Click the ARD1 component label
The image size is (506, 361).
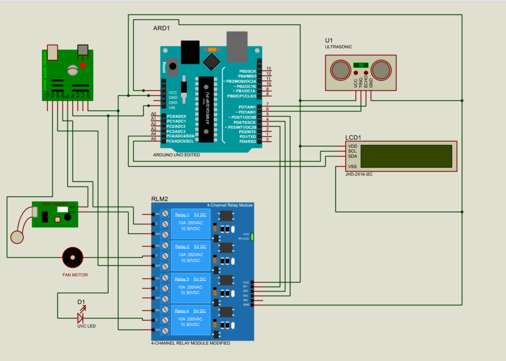point(162,28)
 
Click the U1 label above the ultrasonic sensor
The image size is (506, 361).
point(329,40)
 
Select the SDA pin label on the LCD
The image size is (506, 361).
point(352,156)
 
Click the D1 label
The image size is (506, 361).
point(81,302)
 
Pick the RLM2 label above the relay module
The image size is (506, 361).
point(159,199)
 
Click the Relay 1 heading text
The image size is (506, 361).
point(182,214)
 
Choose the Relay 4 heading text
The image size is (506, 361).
point(182,310)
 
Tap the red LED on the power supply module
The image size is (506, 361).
point(83,65)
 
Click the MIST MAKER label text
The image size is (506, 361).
point(55,204)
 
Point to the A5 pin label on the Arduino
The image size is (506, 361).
point(154,139)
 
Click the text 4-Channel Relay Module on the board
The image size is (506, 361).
point(229,205)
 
